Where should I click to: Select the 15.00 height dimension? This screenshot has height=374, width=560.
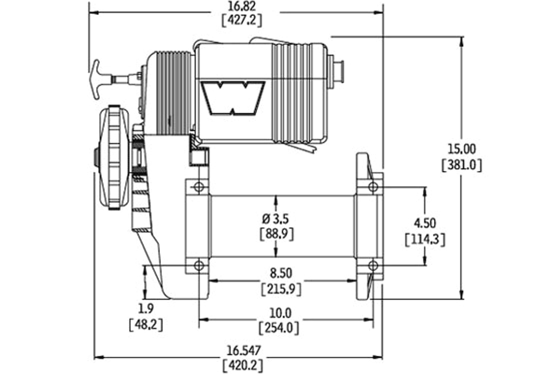tap(462, 150)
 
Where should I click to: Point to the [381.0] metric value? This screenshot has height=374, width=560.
tap(462, 165)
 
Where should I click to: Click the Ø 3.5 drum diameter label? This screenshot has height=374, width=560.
tap(276, 219)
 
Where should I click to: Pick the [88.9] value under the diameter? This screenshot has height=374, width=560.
tap(276, 233)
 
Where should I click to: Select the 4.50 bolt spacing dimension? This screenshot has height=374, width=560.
tap(424, 223)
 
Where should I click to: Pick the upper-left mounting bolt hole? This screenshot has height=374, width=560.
tap(199, 187)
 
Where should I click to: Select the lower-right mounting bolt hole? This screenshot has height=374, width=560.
tap(372, 266)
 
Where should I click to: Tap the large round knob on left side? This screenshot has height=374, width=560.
tap(112, 158)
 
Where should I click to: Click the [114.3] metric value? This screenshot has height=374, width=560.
tap(424, 239)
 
